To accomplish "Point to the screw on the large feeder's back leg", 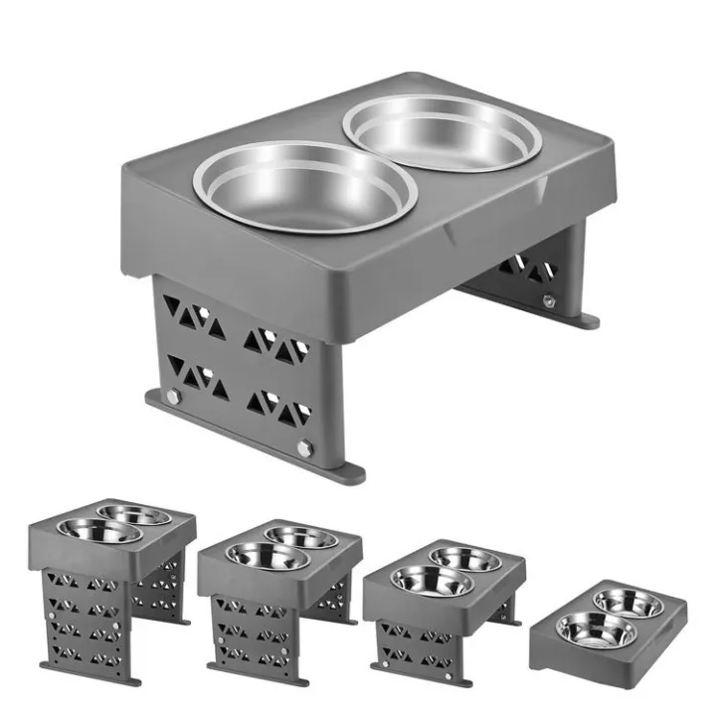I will tap(548, 300).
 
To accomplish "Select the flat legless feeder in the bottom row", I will tap(607, 626).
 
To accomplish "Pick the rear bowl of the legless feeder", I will tap(628, 602).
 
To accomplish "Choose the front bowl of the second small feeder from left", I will tap(258, 556).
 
